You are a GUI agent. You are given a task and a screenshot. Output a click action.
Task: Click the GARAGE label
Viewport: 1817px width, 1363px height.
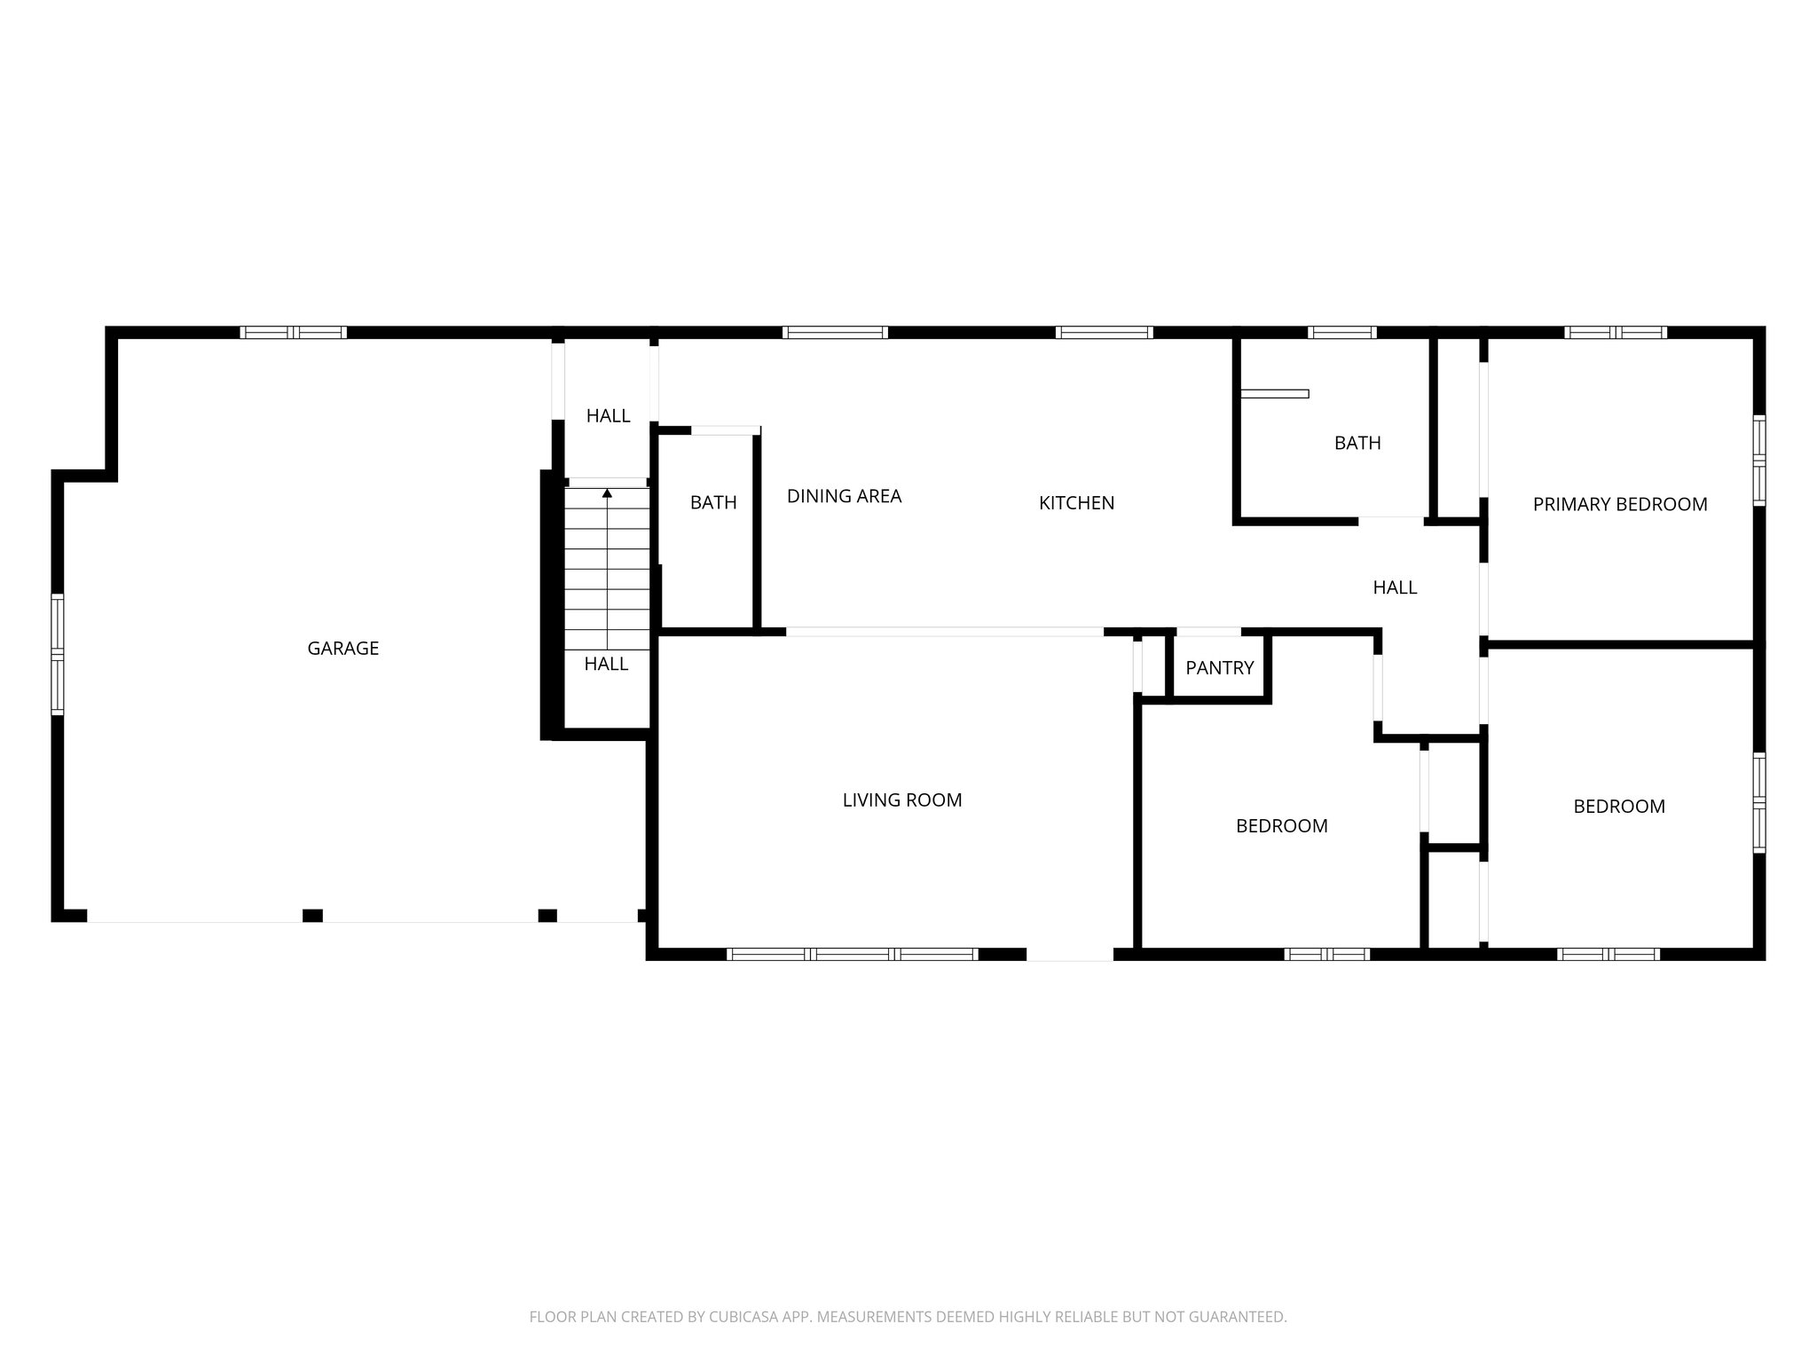[x=342, y=649]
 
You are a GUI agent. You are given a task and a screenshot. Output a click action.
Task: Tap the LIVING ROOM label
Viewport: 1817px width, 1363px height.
[x=901, y=800]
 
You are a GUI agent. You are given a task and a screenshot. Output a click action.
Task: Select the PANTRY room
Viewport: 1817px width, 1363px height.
[x=1219, y=668]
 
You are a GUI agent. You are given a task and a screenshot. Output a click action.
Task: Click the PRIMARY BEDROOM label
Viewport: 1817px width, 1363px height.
[x=1619, y=505]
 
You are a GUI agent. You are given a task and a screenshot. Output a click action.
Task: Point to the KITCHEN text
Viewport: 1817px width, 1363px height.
[x=1076, y=503]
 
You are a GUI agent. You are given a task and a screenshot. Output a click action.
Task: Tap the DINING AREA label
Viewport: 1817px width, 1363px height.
[x=844, y=497]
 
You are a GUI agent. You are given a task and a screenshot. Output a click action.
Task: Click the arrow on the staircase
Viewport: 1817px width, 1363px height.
[x=607, y=492]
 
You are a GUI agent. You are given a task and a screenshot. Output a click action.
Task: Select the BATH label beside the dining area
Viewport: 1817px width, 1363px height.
[x=713, y=503]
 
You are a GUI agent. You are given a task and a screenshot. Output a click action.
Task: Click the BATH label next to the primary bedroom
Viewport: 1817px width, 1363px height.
[x=1357, y=443]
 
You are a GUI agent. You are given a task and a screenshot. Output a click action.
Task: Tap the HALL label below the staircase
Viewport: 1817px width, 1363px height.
[x=606, y=665]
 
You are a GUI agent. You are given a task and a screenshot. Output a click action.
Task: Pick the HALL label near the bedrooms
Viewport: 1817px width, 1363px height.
[x=1395, y=587]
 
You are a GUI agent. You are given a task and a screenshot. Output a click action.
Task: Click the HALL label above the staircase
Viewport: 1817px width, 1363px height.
[x=608, y=416]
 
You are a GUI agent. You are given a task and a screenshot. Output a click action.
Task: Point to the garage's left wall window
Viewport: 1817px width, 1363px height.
[x=58, y=655]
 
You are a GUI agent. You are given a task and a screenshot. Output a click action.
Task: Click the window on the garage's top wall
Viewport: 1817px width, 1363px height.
[x=294, y=333]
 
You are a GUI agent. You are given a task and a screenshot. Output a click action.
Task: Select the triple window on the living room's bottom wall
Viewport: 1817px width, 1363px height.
[x=852, y=955]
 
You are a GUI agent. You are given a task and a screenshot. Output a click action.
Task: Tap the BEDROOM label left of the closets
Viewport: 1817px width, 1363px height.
[x=1281, y=826]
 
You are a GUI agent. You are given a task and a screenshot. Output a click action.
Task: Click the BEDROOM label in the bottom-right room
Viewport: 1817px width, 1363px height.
[x=1618, y=807]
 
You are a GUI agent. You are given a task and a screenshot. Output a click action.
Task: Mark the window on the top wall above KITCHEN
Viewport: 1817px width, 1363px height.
[x=1104, y=333]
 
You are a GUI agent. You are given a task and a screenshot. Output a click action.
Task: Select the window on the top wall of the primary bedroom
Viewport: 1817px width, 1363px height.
[x=1615, y=333]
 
